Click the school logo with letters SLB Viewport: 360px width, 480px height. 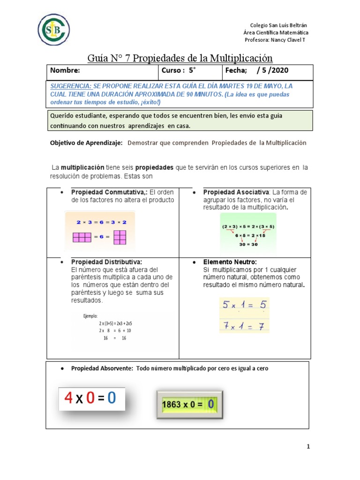tap(54, 30)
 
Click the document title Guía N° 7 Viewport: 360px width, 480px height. tap(180, 58)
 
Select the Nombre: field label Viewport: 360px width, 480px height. tap(65, 71)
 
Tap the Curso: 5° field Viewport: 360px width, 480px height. tap(178, 71)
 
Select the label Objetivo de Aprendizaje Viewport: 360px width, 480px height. tap(86, 143)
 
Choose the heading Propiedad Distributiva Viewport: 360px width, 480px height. tap(106, 262)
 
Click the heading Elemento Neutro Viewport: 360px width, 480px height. tap(230, 262)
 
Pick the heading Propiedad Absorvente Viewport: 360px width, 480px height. tap(103, 369)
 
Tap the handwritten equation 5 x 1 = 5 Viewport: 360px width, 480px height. tap(244, 306)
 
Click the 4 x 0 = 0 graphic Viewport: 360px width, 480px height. tap(91, 398)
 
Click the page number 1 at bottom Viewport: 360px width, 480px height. tap(308, 447)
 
